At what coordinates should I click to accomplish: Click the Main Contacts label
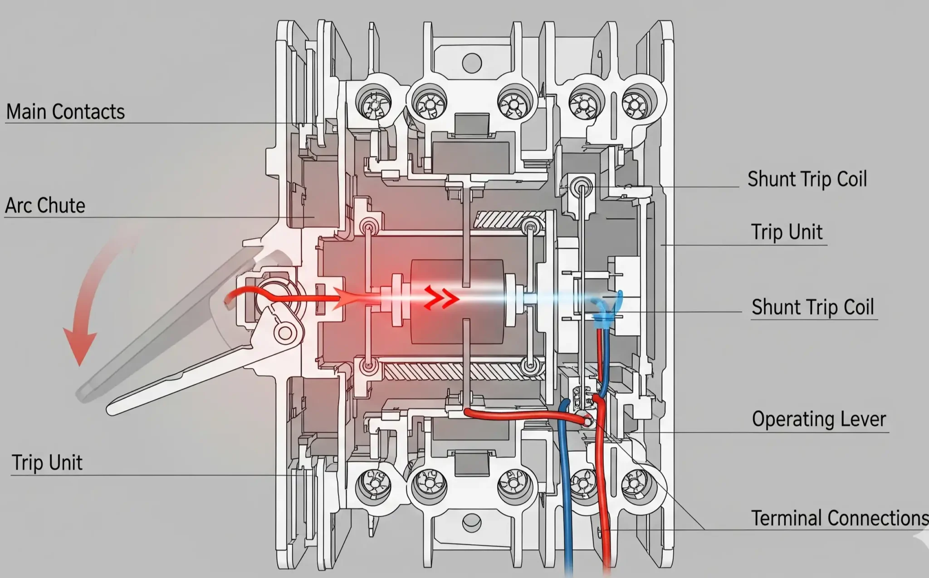(65, 112)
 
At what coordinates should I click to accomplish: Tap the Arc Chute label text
(45, 206)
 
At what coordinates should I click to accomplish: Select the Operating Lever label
(819, 419)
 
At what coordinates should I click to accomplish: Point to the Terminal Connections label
(839, 518)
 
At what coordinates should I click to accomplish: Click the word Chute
(61, 206)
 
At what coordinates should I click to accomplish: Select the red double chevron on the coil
(441, 298)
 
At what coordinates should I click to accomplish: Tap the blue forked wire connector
(608, 309)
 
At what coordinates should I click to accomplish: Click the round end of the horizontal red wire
(587, 421)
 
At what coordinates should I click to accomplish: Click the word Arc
(18, 206)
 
